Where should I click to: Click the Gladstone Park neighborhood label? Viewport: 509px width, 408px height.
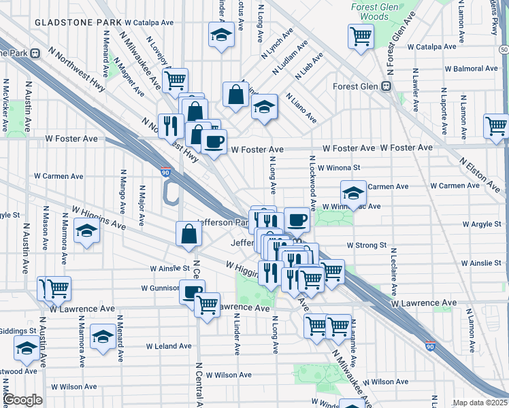[x=73, y=22]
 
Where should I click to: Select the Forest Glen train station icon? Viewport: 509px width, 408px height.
[x=385, y=86]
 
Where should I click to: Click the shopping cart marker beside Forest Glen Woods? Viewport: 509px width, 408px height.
[x=361, y=37]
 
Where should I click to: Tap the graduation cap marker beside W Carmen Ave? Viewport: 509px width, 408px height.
[x=353, y=193]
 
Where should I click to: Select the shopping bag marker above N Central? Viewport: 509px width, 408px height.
[x=188, y=234]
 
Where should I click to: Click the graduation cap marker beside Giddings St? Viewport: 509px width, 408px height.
[x=27, y=349]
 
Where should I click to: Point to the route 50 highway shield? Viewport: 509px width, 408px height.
[x=503, y=50]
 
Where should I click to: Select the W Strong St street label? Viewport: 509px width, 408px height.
[x=366, y=245]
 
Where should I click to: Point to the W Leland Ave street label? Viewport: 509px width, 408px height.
[x=169, y=345]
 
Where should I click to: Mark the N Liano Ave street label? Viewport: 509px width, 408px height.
[x=301, y=108]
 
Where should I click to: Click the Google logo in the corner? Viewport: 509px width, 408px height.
[x=22, y=400]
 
